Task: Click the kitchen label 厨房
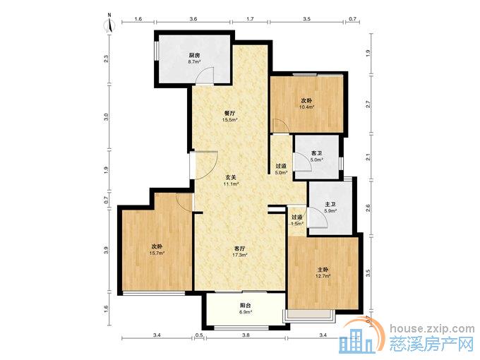(x=194, y=55)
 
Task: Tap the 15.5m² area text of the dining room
(x=230, y=120)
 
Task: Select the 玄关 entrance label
(x=231, y=177)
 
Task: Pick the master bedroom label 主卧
(x=323, y=270)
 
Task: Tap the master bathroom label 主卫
(x=330, y=204)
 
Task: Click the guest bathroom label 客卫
(x=316, y=153)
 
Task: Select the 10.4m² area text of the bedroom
(x=307, y=107)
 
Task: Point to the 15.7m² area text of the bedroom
(x=157, y=253)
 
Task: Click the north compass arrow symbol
(x=109, y=24)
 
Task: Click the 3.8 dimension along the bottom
(x=246, y=335)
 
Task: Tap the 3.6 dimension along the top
(x=193, y=18)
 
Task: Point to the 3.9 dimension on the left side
(x=106, y=251)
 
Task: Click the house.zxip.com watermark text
(x=432, y=329)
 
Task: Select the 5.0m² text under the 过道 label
(x=282, y=172)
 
